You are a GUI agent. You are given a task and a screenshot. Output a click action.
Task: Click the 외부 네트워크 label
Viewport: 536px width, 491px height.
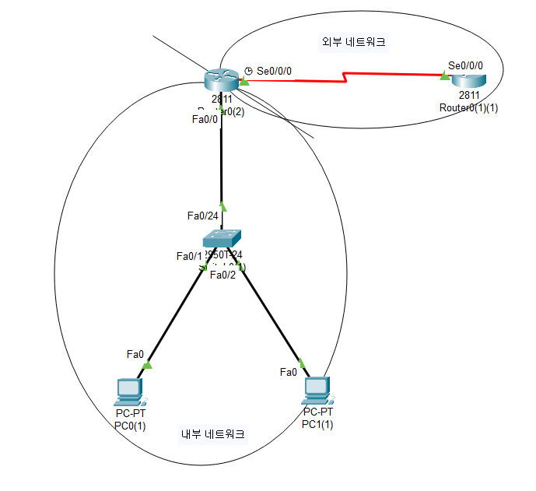click(x=355, y=43)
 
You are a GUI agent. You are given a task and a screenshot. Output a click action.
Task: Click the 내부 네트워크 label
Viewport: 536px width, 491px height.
click(x=212, y=435)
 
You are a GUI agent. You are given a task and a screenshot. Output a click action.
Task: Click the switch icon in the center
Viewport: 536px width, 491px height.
click(x=222, y=238)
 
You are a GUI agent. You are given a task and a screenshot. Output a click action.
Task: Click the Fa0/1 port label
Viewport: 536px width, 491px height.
click(x=189, y=256)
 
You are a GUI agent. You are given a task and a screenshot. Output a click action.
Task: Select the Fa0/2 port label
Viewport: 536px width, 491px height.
click(x=222, y=274)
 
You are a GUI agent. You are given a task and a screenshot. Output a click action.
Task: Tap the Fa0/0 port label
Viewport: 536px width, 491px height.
click(x=205, y=119)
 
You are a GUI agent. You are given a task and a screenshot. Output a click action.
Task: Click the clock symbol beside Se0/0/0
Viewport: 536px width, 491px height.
click(x=248, y=70)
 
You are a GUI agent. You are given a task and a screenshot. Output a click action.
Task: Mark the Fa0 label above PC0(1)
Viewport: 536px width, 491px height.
click(x=135, y=354)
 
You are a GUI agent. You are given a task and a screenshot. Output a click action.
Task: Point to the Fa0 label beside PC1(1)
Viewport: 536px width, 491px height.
click(x=289, y=372)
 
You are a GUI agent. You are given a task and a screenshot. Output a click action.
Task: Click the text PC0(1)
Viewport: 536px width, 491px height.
click(x=130, y=425)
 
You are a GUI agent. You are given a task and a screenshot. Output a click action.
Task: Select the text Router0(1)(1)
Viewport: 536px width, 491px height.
click(x=468, y=107)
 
